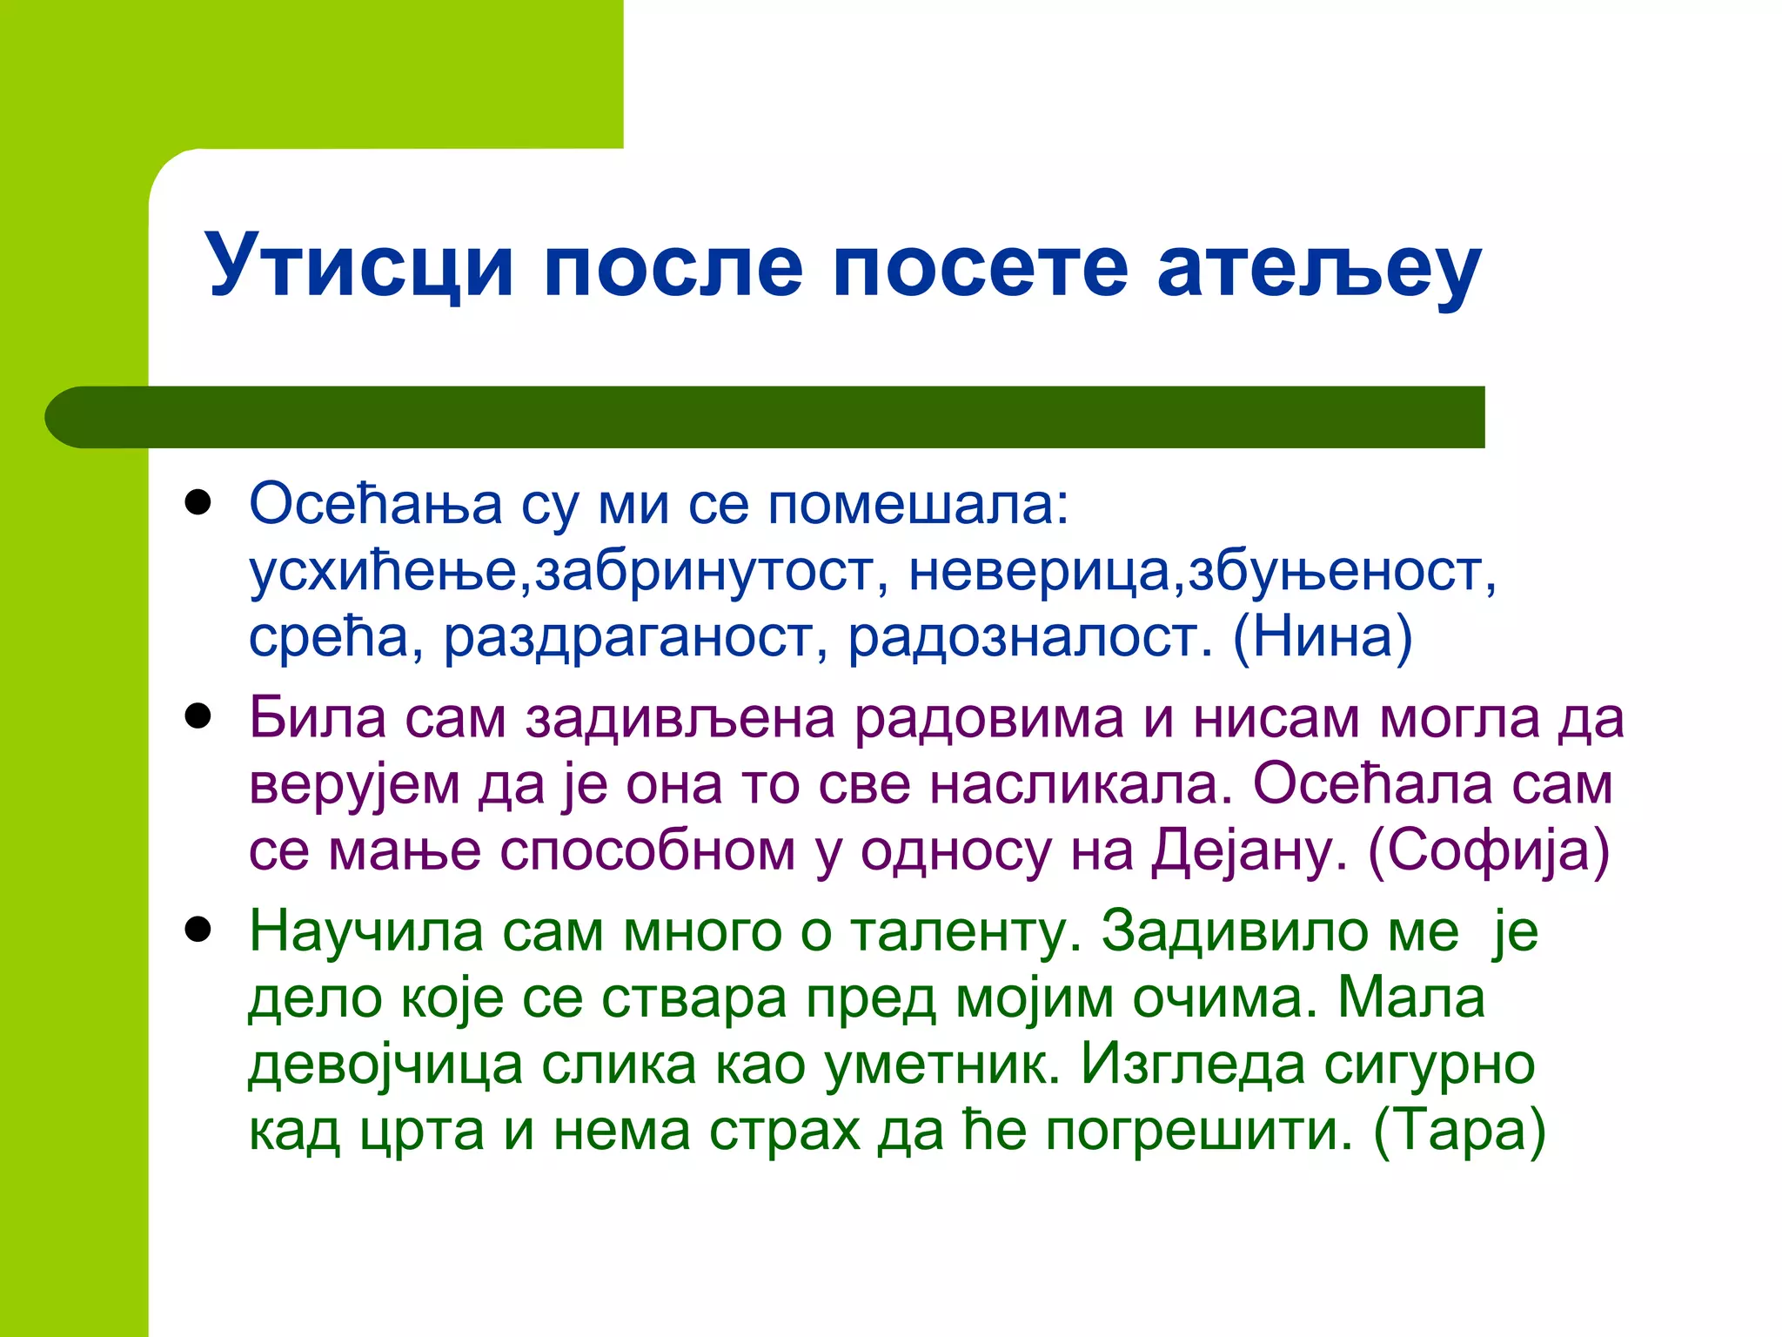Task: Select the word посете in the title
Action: point(980,265)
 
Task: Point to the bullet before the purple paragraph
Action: point(198,716)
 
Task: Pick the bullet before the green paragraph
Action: point(198,930)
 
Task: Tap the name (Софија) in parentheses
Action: point(1489,850)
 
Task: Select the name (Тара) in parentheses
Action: point(1459,1131)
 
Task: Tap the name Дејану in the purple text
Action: point(1249,850)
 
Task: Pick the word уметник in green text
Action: point(941,1065)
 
